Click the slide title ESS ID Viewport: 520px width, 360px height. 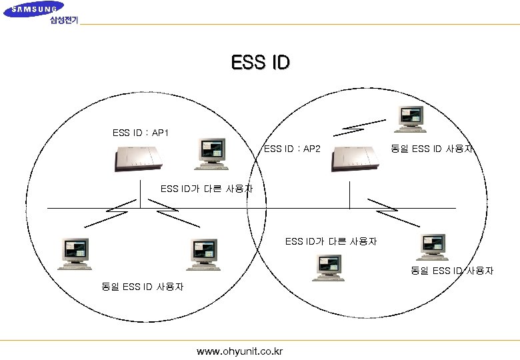point(260,63)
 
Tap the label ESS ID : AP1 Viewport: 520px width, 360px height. point(141,133)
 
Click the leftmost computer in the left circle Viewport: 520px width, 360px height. point(74,253)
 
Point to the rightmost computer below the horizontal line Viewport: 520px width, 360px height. point(431,247)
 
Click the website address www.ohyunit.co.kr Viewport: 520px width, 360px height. point(239,351)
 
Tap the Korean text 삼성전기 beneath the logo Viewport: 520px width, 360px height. point(63,20)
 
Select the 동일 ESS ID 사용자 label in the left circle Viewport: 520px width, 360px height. point(142,287)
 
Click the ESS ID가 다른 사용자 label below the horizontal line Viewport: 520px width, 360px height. point(331,241)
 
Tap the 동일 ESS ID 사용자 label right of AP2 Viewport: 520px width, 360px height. point(432,149)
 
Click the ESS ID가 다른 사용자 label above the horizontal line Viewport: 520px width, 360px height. point(207,189)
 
